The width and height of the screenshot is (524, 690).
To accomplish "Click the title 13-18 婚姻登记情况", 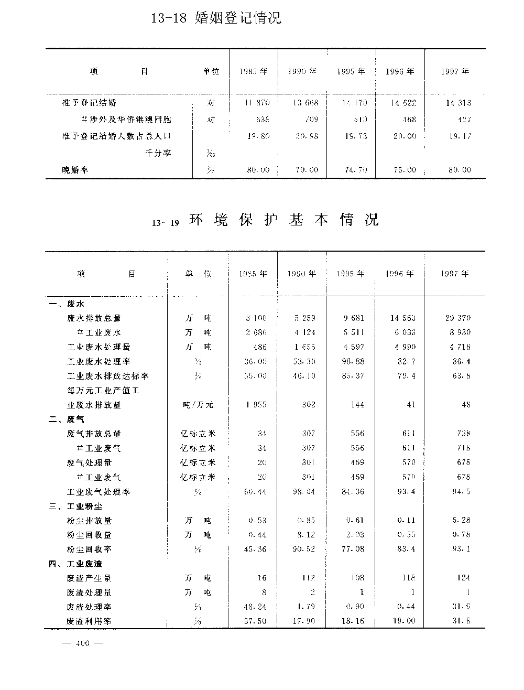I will [x=216, y=18].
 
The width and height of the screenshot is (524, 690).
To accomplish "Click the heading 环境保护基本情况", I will [x=283, y=220].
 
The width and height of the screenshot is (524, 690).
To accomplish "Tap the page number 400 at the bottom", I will [x=83, y=644].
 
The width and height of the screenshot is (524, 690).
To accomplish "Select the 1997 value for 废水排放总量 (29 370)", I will [x=458, y=318].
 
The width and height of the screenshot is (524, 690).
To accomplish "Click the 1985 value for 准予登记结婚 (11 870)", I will [x=257, y=103].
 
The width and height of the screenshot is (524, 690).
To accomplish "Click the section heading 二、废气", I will [x=66, y=419].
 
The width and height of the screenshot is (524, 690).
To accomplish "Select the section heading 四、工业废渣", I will [x=75, y=564].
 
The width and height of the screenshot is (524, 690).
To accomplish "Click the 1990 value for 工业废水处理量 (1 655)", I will [x=304, y=347].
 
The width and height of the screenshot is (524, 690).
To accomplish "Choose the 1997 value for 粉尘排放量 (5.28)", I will [x=462, y=521].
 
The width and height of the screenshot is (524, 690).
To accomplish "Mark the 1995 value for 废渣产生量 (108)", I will [x=357, y=578].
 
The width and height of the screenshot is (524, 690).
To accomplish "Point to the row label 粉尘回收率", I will [x=89, y=549].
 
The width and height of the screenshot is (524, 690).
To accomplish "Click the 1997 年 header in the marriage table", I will [x=455, y=71].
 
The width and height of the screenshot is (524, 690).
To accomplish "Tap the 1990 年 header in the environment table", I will [x=302, y=274].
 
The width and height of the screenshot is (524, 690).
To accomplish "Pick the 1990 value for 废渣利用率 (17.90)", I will [x=304, y=621].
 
